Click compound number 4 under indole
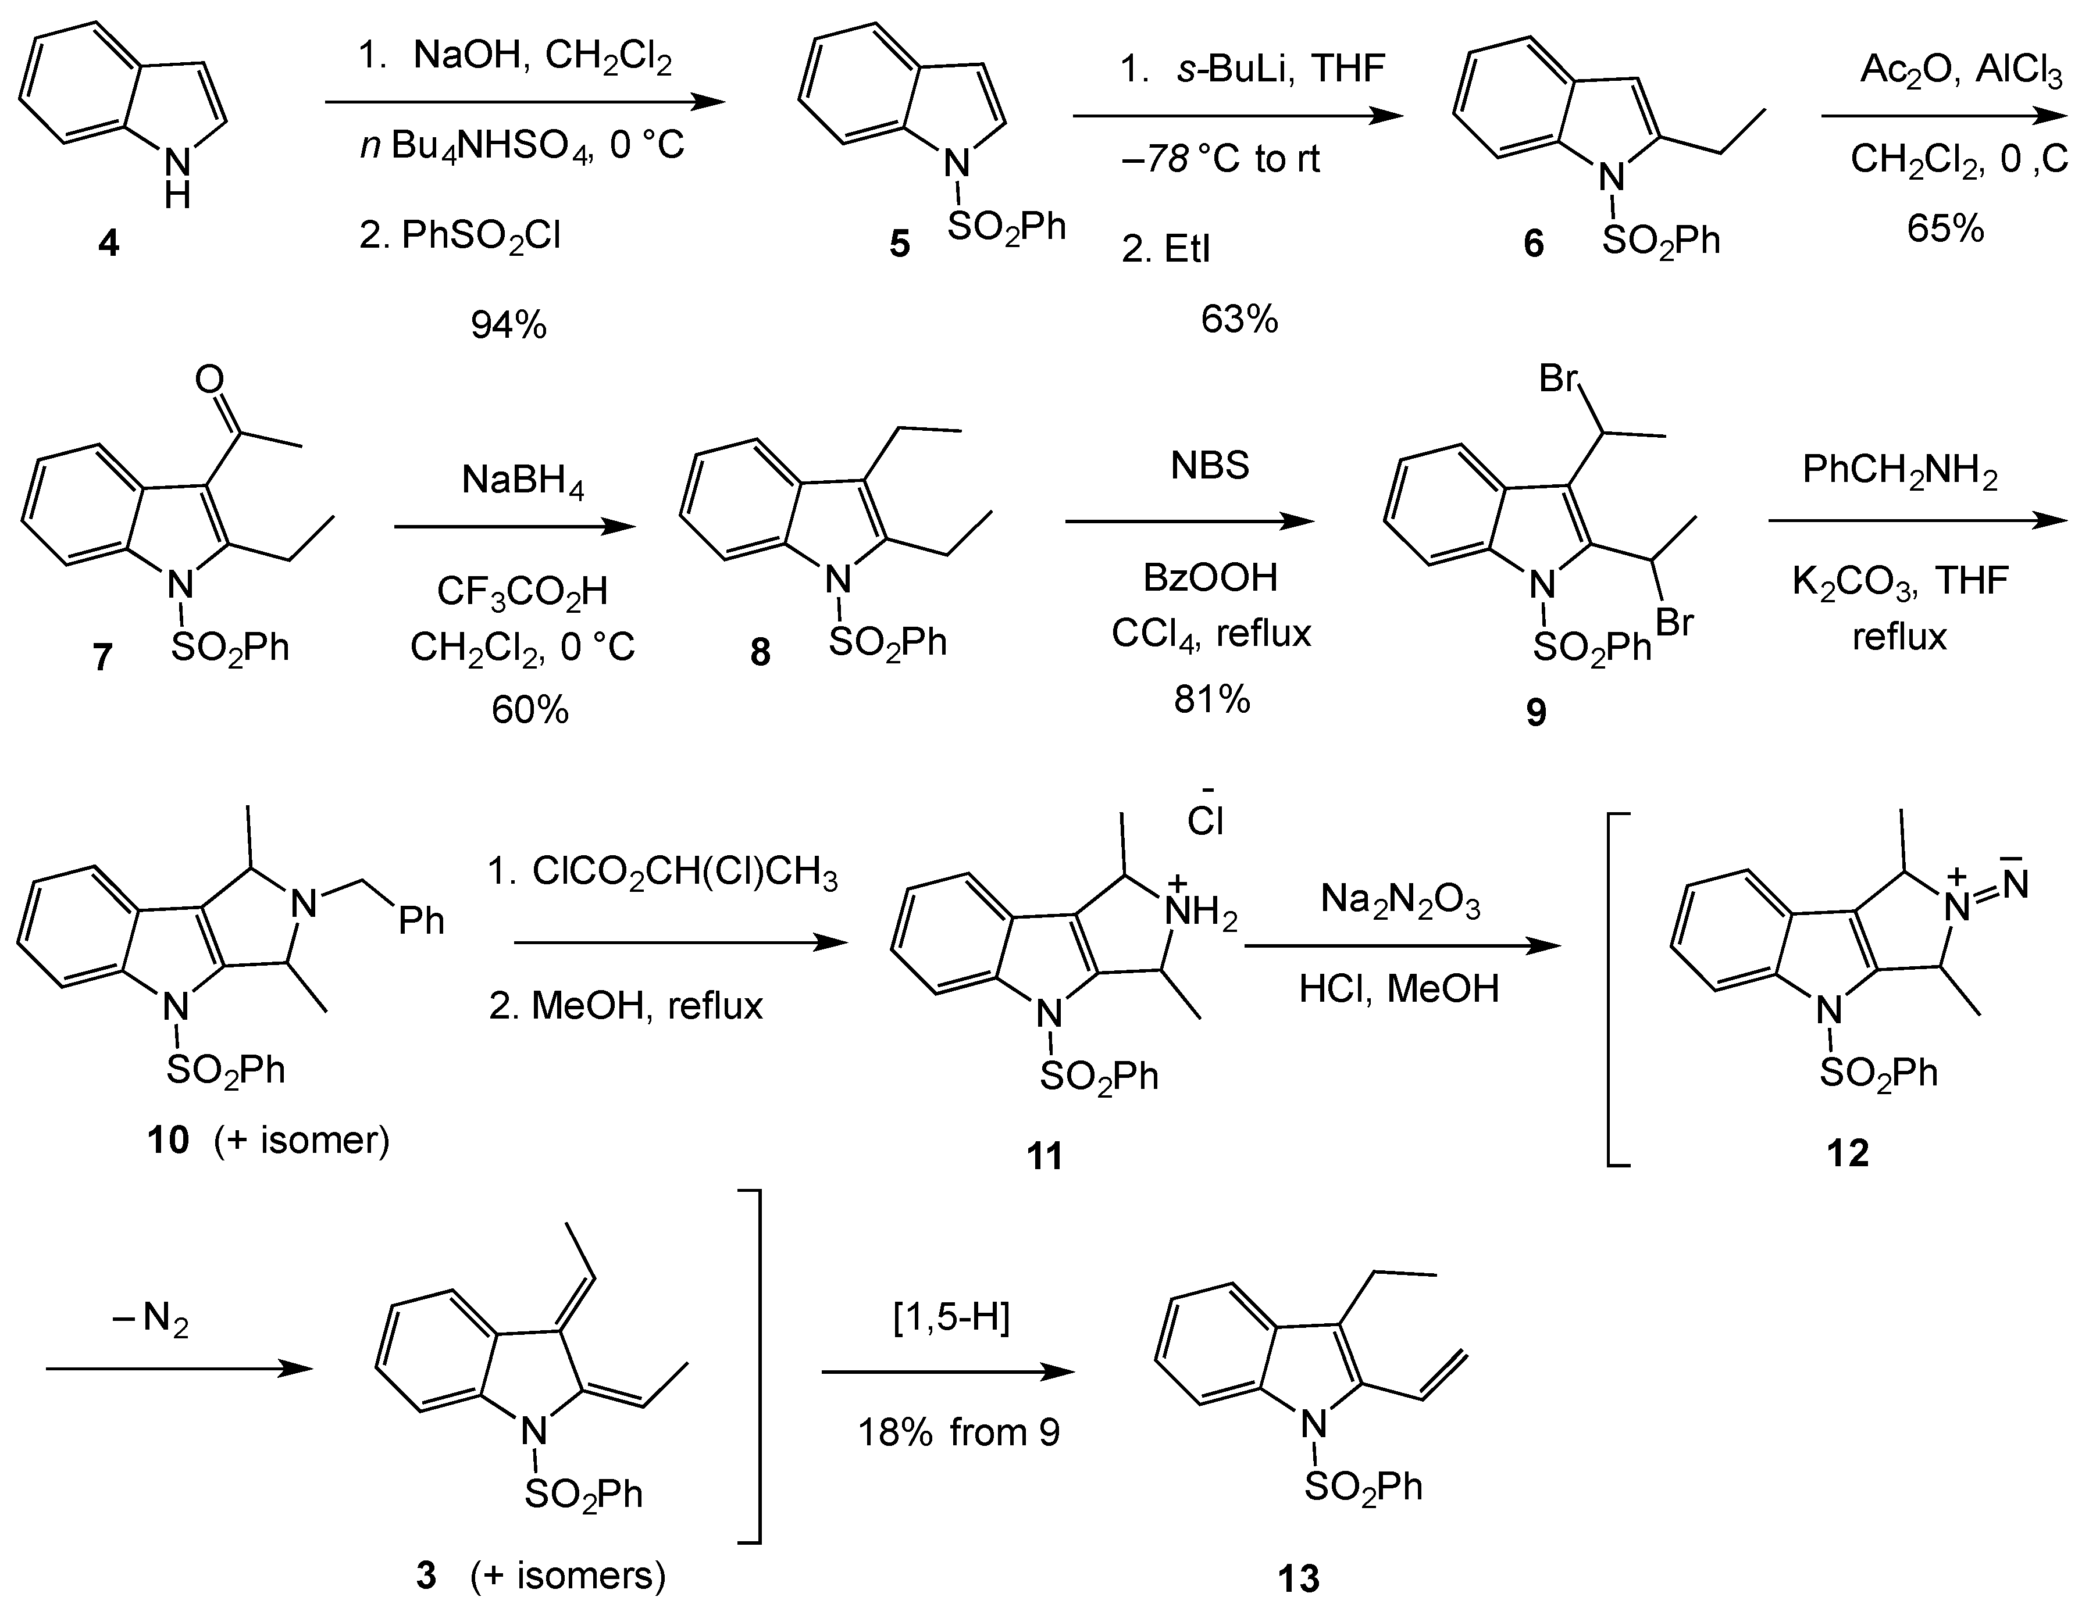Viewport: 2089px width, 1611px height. tap(109, 244)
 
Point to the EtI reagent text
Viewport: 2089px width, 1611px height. tap(1166, 249)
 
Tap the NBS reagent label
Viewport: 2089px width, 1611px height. tap(1210, 466)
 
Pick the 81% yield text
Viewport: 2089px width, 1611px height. tap(1212, 700)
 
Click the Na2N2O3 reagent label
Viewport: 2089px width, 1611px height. tap(1400, 901)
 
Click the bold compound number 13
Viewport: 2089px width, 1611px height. tap(1299, 1577)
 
